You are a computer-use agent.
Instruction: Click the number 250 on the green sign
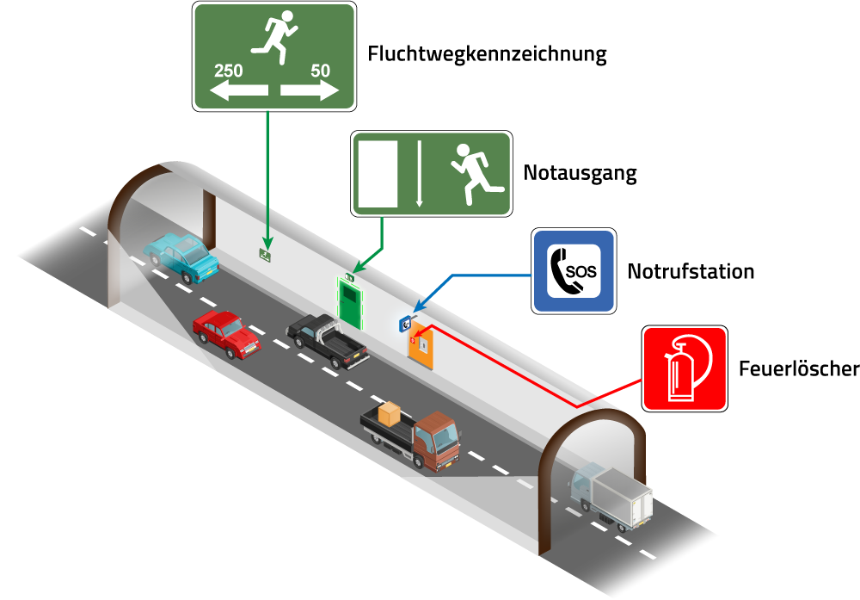tap(228, 71)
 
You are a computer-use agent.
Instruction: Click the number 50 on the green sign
tap(320, 71)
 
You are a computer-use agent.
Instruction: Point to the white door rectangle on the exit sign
tap(378, 173)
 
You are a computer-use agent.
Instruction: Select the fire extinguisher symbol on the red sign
tap(683, 368)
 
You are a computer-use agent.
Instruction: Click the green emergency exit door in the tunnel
tap(349, 302)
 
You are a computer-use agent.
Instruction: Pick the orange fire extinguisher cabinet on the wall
tap(421, 346)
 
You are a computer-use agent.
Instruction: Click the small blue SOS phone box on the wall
tap(404, 324)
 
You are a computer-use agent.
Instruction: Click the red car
tap(226, 334)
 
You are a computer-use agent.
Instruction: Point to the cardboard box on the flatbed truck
tap(390, 414)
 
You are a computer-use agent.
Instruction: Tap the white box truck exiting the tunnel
tap(614, 498)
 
